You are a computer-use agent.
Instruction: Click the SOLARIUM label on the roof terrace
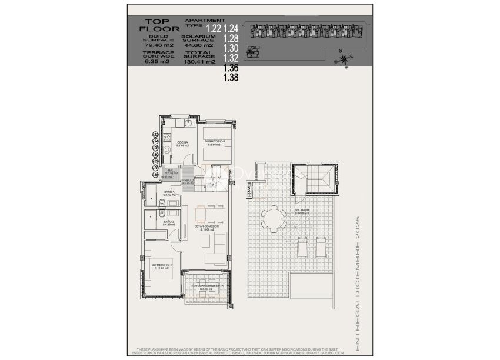tap(302, 210)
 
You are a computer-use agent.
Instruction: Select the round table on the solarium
tap(272, 221)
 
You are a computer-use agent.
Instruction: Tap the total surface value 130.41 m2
tap(200, 61)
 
